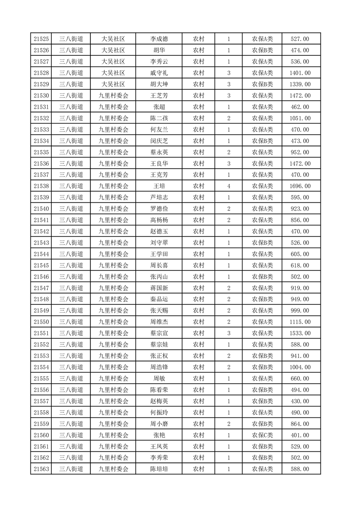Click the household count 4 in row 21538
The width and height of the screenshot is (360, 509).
coord(228,186)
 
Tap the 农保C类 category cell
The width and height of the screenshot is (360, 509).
coord(262,435)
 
